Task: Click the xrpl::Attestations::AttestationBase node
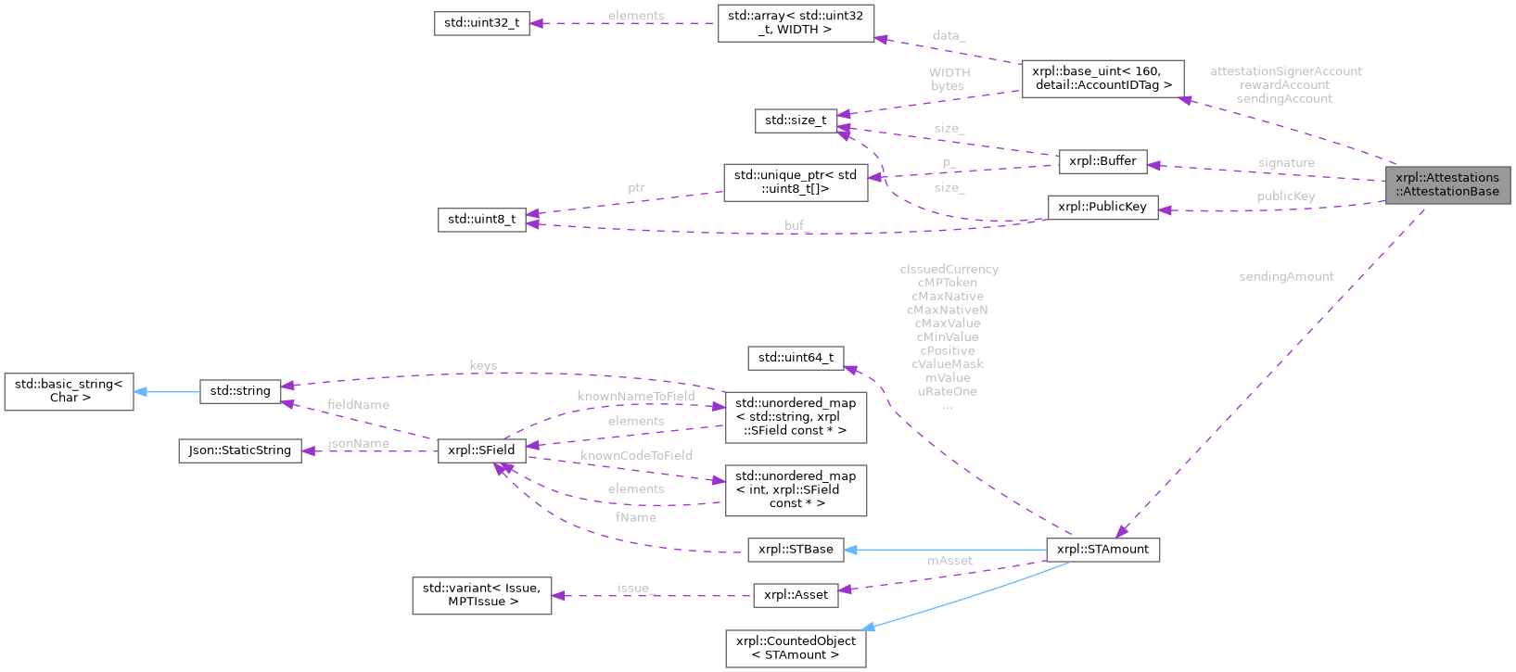pos(1447,184)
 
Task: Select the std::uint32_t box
pos(481,23)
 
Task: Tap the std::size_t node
pos(796,120)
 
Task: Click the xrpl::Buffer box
pos(1102,161)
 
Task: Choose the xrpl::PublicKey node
pos(1102,207)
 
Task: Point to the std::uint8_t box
pos(481,220)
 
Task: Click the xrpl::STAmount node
pos(1102,550)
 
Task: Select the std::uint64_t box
pos(796,358)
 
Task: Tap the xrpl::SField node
pos(481,450)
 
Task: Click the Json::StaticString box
pos(240,450)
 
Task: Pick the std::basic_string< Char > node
pos(69,391)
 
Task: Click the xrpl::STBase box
pos(796,550)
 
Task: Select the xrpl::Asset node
pos(796,595)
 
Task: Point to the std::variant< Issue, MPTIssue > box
pos(481,595)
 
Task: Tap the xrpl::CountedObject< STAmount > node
pos(796,648)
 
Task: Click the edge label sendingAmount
pos(1286,276)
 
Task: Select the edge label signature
pos(1286,163)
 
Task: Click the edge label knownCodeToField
pos(636,455)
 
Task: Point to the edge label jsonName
pos(359,444)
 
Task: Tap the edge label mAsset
pos(949,561)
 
